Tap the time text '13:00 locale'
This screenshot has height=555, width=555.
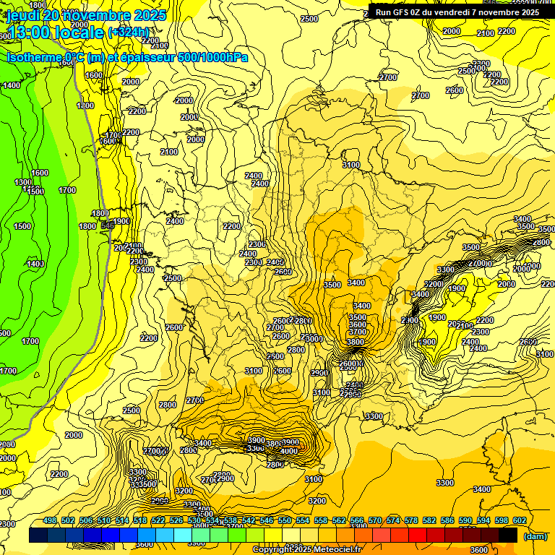(55, 32)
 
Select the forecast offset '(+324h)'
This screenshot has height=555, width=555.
(128, 33)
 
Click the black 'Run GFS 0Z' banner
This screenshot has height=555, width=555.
(457, 12)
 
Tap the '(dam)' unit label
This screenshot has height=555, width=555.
(535, 535)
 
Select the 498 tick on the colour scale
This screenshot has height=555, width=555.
(50, 520)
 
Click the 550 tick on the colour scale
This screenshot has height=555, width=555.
(285, 520)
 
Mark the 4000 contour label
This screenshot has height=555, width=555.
(288, 451)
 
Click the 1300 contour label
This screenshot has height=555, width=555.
(23, 182)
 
